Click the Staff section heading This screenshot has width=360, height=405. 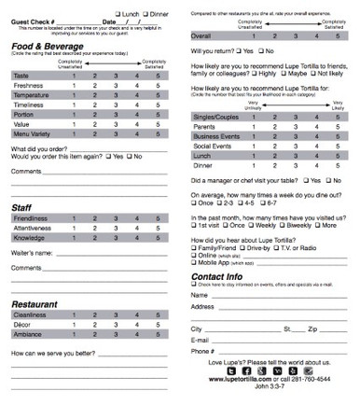coord(22,210)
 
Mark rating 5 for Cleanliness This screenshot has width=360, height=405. coord(159,315)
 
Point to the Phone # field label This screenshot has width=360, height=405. coord(202,351)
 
